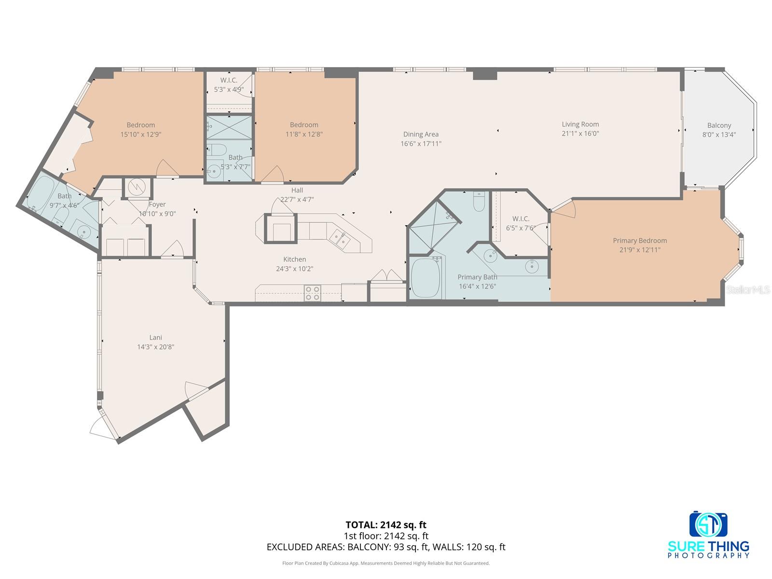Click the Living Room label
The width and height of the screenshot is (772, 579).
(x=580, y=124)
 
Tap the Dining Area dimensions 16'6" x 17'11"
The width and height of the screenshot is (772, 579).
(x=421, y=144)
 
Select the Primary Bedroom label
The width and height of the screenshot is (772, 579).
(x=640, y=241)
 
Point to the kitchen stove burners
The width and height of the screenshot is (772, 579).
(x=313, y=293)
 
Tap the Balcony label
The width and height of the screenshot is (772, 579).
(x=719, y=125)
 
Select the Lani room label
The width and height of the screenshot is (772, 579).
(x=155, y=338)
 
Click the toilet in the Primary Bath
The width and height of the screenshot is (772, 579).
(x=478, y=201)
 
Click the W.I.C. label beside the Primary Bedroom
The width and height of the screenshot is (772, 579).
(x=521, y=219)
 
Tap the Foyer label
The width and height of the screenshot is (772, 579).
(x=157, y=205)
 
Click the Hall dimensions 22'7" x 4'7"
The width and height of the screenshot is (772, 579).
(x=297, y=199)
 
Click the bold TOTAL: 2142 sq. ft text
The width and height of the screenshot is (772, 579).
(x=386, y=524)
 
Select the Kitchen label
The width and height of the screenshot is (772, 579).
(x=294, y=260)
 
